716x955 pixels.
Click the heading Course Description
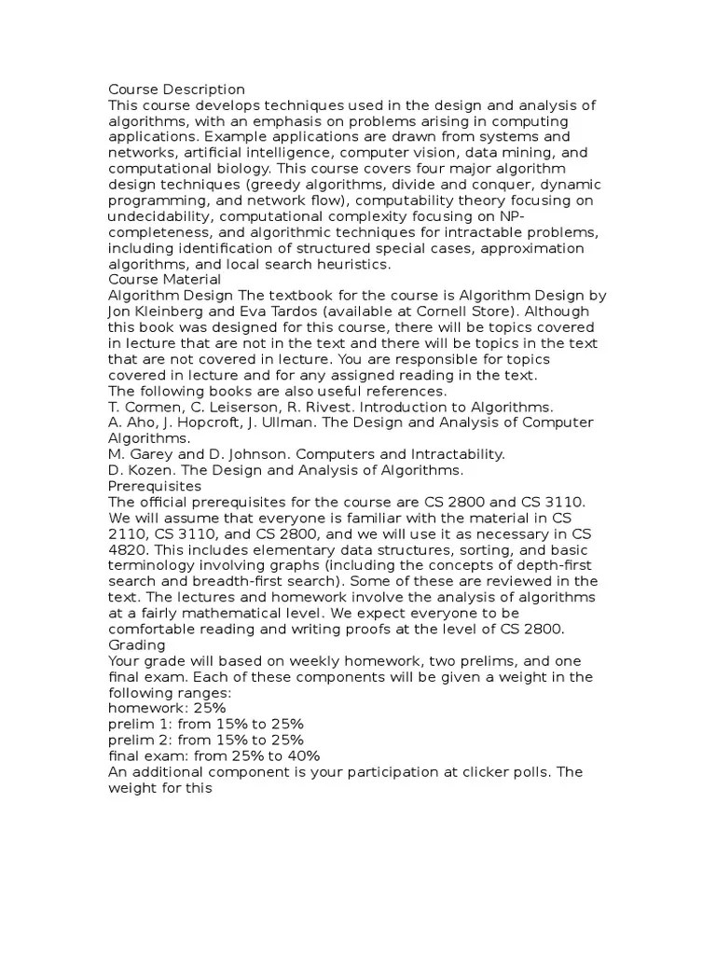tap(176, 90)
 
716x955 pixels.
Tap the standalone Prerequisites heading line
tap(155, 486)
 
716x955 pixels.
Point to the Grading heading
tap(137, 644)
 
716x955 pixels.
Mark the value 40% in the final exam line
tap(303, 755)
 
